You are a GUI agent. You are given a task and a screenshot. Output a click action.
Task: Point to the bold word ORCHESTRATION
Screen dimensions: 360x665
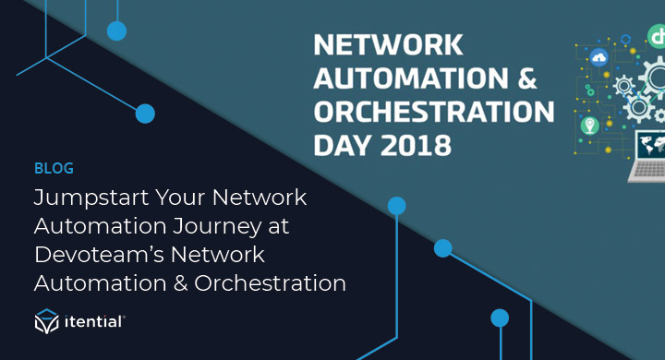434,113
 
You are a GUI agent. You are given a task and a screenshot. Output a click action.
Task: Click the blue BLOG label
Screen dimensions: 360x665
53,169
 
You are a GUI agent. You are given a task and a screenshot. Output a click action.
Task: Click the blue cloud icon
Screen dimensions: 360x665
599,58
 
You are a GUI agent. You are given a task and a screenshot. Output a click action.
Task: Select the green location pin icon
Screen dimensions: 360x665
588,125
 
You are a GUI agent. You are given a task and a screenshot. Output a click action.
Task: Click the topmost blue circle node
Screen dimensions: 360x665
116,31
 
